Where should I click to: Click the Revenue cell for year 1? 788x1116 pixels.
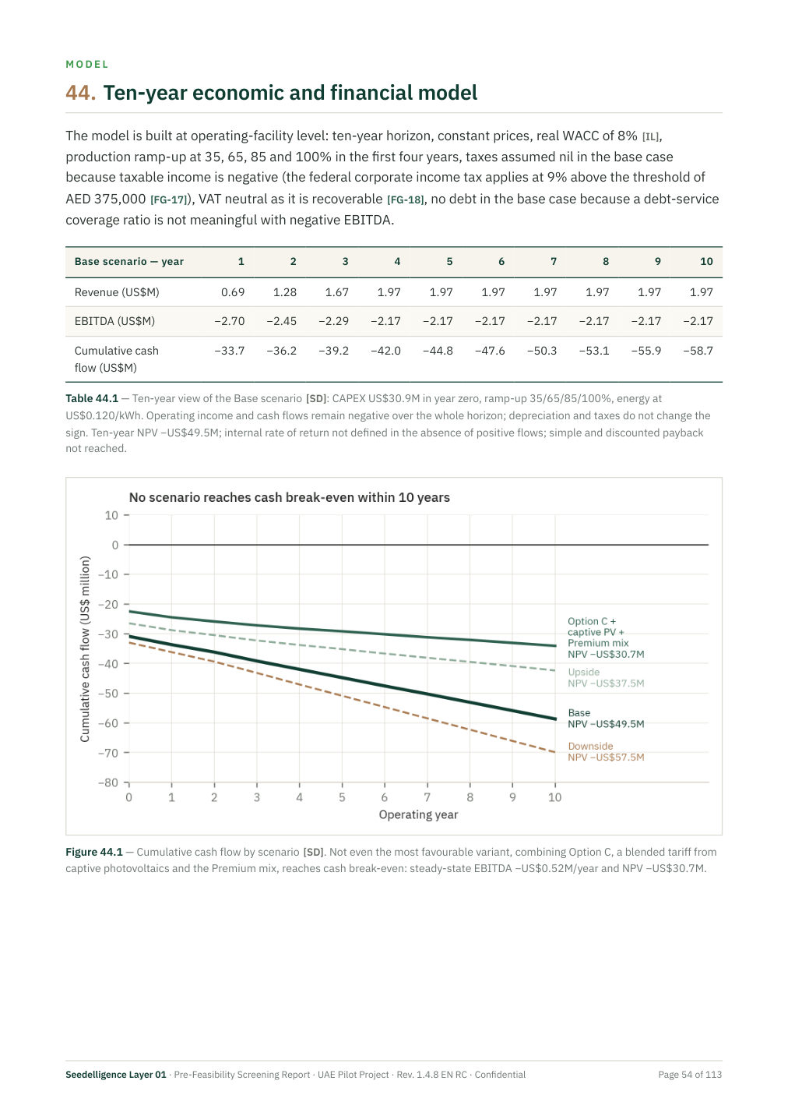(x=233, y=292)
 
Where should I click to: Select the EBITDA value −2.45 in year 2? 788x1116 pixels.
(x=281, y=321)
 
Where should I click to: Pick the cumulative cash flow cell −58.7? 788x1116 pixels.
(x=698, y=351)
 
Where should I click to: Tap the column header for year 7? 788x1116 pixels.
(x=554, y=262)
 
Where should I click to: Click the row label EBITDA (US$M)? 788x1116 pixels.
(x=114, y=321)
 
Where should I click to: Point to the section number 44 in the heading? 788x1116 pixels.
(x=81, y=93)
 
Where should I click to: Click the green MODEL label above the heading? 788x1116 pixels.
(x=87, y=64)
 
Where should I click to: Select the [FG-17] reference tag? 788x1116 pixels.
(x=168, y=200)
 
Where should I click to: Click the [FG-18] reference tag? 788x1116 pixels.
(x=405, y=200)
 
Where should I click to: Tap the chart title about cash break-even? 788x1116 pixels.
(x=289, y=497)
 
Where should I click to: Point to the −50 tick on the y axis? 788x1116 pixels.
(x=108, y=693)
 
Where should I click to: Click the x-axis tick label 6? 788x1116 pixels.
(x=385, y=797)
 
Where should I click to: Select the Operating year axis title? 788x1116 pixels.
(x=418, y=814)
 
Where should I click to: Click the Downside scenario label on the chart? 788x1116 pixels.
(x=590, y=746)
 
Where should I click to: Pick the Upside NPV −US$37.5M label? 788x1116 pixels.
(x=606, y=677)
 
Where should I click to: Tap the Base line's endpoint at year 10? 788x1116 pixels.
(x=555, y=719)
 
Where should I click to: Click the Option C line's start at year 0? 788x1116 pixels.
(x=129, y=611)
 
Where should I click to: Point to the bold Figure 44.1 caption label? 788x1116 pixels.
(x=94, y=852)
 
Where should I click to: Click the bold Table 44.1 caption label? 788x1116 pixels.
(x=92, y=398)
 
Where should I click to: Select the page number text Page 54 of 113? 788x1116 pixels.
(x=690, y=1075)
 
